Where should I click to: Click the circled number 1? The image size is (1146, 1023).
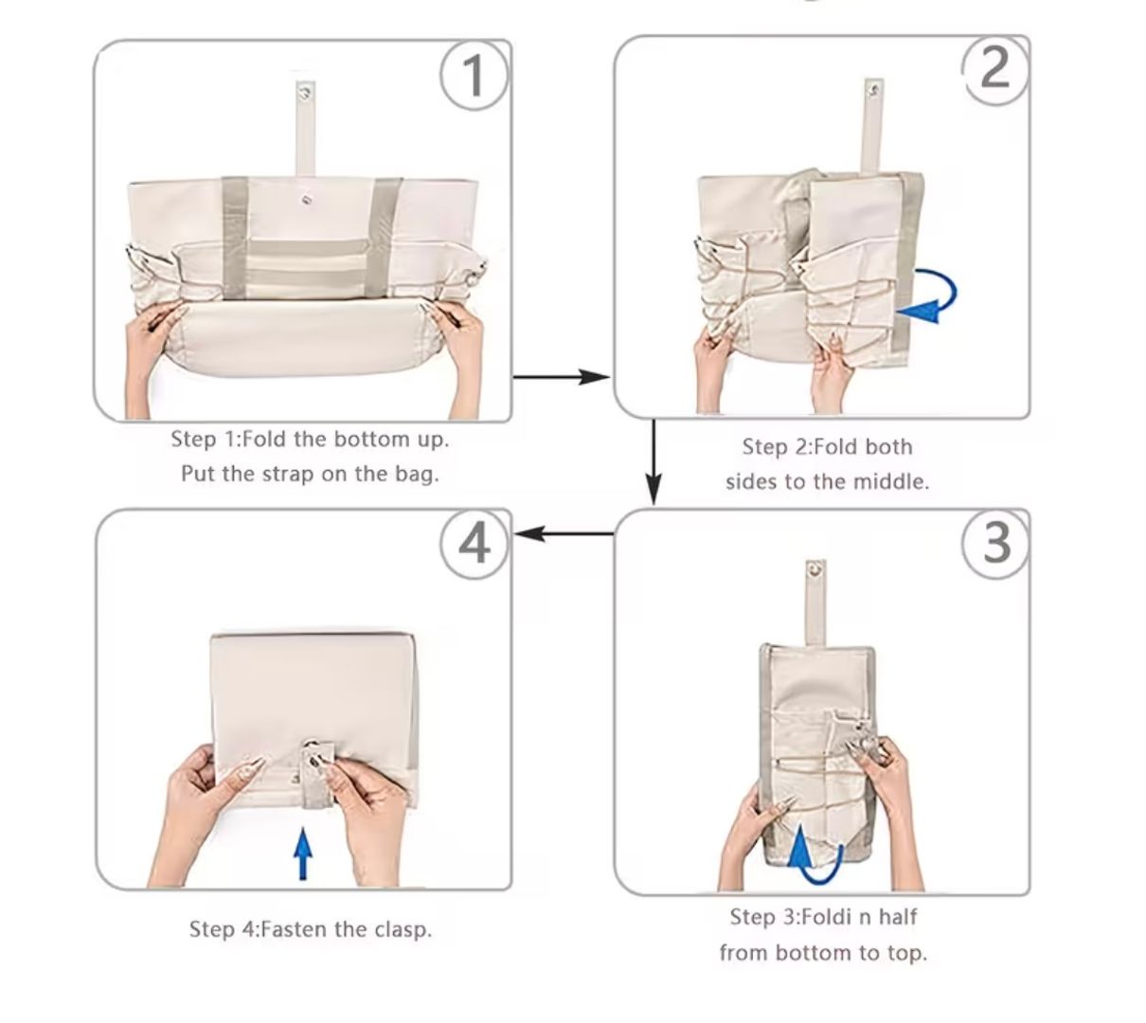coord(475,75)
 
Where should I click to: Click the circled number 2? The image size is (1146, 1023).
coord(995,68)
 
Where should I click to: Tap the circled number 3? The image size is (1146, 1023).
coord(995,543)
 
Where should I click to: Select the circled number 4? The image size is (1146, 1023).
coord(475,544)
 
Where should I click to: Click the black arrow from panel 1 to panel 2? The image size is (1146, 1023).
coord(563,378)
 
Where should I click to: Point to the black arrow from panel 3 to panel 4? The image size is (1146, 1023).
coord(563,534)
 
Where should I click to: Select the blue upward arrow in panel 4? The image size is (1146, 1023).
coord(302,853)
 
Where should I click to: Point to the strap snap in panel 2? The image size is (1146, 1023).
coord(873,92)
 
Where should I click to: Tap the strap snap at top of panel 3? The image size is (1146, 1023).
coord(813,570)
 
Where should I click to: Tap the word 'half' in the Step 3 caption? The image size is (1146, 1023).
coord(898,917)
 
